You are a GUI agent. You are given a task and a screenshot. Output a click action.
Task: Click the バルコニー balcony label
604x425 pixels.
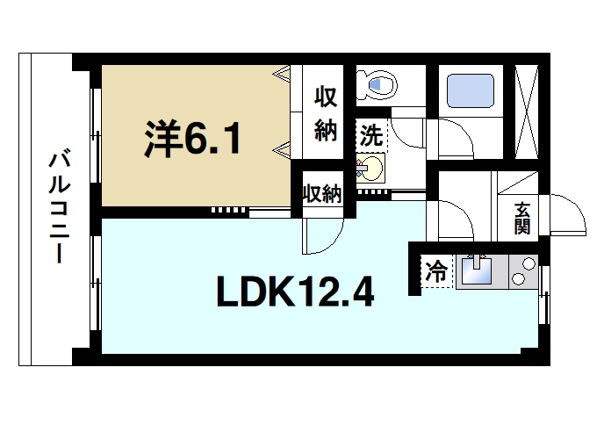click(x=59, y=208)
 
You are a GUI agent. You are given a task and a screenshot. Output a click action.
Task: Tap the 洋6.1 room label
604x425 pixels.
click(x=191, y=138)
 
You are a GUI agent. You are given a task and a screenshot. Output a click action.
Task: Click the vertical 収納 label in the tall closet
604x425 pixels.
click(x=326, y=114)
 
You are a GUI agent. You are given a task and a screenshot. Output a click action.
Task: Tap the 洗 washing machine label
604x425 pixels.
click(x=372, y=136)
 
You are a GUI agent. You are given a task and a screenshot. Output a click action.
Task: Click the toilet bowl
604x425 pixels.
click(x=381, y=86)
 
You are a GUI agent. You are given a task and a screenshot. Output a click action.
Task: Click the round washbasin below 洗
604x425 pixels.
click(x=371, y=166)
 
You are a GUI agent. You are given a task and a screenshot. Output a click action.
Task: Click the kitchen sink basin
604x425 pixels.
click(x=478, y=272)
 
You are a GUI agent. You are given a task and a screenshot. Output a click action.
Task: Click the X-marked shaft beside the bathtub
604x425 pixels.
click(x=529, y=112)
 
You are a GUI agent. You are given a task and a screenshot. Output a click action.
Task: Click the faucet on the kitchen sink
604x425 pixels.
click(x=478, y=259)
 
